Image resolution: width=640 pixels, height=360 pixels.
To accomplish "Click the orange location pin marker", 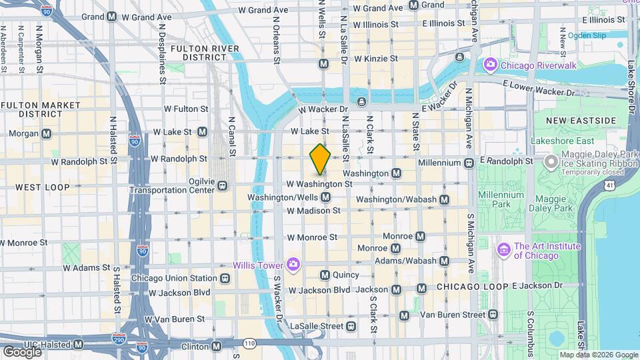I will pyautogui.click(x=320, y=159).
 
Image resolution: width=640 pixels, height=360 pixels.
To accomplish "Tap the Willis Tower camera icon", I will pyautogui.click(x=292, y=265).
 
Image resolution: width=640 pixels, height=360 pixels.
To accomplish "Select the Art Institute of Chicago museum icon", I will pyautogui.click(x=504, y=251).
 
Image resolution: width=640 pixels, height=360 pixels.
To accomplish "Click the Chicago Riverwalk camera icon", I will pyautogui.click(x=491, y=65).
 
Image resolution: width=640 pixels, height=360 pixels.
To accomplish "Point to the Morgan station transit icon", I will pyautogui.click(x=46, y=133).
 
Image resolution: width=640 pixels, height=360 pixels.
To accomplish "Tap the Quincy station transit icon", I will pyautogui.click(x=325, y=275).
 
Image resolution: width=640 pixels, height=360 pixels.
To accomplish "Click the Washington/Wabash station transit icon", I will pyautogui.click(x=444, y=199).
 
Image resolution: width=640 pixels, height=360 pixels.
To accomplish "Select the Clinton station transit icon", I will pyautogui.click(x=217, y=346).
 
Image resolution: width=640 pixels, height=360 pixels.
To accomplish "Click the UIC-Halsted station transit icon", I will pyautogui.click(x=78, y=345).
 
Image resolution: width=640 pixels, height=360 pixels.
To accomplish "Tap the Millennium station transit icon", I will pyautogui.click(x=469, y=163).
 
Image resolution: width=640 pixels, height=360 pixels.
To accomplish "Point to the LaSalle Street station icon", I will pyautogui.click(x=351, y=326).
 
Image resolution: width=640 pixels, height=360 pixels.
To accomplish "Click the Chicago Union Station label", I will pyautogui.click(x=174, y=278).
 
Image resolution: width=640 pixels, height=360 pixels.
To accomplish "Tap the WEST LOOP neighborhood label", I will pyautogui.click(x=42, y=187).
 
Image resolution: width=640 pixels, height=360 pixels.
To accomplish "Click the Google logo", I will pyautogui.click(x=21, y=351).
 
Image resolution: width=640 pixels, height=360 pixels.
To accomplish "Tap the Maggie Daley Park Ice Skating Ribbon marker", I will pyautogui.click(x=551, y=161).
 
